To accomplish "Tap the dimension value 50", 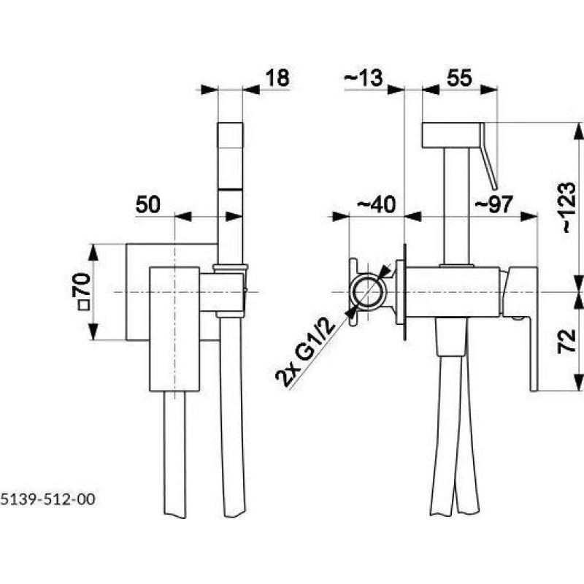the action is point(148,204).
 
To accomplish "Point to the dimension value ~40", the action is point(376,204).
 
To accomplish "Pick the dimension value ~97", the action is point(493,204).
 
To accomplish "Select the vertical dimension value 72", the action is point(567,341).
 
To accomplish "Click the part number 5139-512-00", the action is point(47,499).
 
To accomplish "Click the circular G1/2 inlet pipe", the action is point(368,292).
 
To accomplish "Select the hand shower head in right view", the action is point(450,135).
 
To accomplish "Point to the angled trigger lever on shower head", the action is point(488,156).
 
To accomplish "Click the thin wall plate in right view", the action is point(404,292).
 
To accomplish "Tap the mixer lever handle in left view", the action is point(174,329).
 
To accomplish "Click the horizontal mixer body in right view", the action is point(453,292).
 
